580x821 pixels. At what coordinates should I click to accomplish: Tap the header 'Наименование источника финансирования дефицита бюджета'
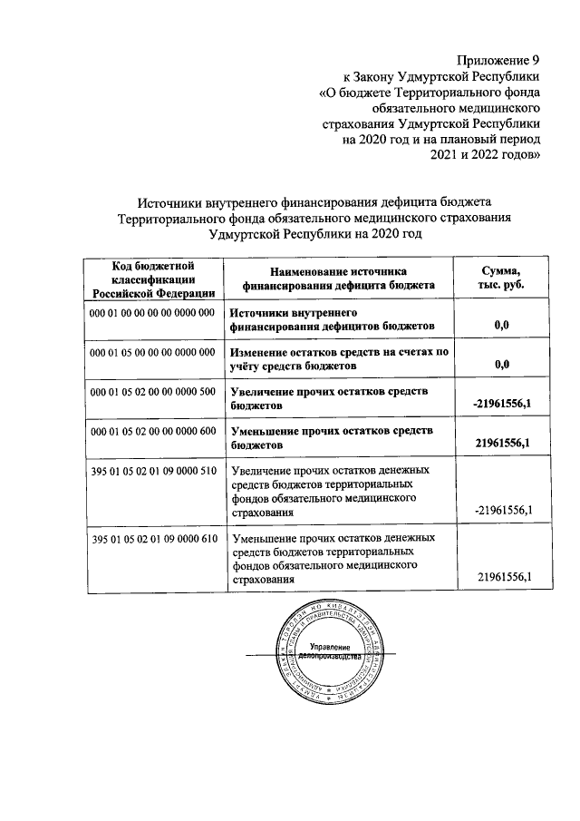(338, 278)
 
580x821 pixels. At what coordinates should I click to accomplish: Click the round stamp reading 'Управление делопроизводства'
(324, 651)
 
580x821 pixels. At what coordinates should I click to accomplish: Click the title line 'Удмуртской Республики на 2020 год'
(314, 233)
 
